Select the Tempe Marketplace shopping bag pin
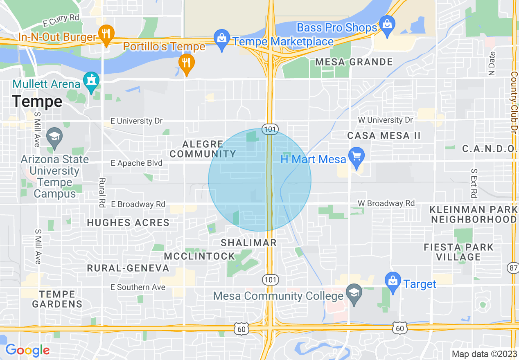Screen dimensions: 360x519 (x=222, y=40)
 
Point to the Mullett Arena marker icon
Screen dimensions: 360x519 (x=91, y=82)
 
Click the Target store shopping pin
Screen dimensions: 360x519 (x=393, y=282)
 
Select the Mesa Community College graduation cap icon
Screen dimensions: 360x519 (x=354, y=294)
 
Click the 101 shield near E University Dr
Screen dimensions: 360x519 (x=271, y=129)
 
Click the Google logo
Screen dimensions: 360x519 (x=27, y=350)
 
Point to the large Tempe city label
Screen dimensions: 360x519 (x=37, y=101)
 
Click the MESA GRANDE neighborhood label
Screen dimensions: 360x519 (x=354, y=62)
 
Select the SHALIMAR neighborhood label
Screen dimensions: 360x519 (x=249, y=243)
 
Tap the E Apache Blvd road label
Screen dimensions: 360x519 (x=137, y=163)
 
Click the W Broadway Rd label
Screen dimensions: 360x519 (x=386, y=203)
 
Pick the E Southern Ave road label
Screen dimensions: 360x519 (x=138, y=287)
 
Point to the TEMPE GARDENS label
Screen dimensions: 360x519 (x=57, y=299)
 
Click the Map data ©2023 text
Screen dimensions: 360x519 (x=483, y=354)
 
